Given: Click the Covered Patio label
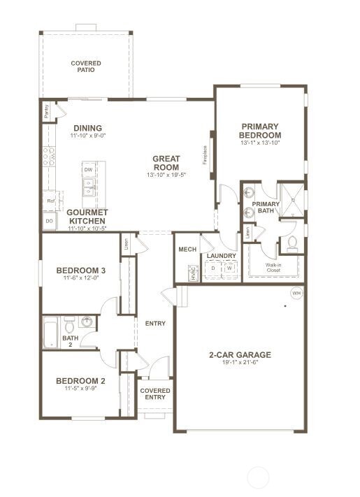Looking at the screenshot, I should coord(85,66).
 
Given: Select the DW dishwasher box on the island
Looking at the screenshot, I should coord(88,170).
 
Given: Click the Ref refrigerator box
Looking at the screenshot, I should coord(50,201).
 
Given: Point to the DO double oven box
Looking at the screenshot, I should coord(49,221).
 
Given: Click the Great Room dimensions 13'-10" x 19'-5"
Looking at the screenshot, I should coord(166,175).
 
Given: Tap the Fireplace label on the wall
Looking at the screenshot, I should coord(206,154).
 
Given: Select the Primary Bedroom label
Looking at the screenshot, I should coord(260,131).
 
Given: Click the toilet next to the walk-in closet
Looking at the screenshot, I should coord(291,243).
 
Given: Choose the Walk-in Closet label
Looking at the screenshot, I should coord(273,268).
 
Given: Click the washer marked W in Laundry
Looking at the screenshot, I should coord(229,268).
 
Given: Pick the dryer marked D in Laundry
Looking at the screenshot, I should coord(213,268).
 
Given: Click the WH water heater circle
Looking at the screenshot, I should coord(296,292).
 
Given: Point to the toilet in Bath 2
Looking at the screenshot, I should coord(69,325).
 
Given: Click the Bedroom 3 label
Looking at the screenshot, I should coord(80,271).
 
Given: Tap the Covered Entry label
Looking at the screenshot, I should coord(155,394).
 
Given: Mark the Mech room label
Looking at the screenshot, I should coord(187,249).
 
